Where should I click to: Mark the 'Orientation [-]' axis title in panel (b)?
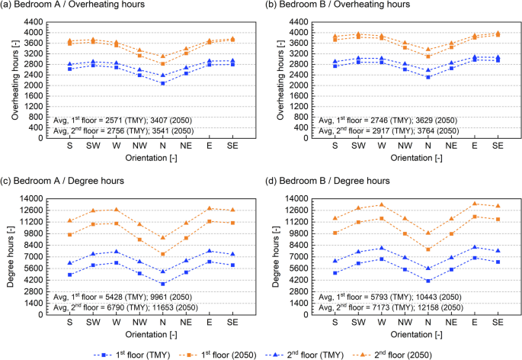[x=415, y=158]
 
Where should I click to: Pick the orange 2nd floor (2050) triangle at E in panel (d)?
[x=476, y=204]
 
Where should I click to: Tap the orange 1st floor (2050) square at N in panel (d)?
[x=428, y=249]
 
